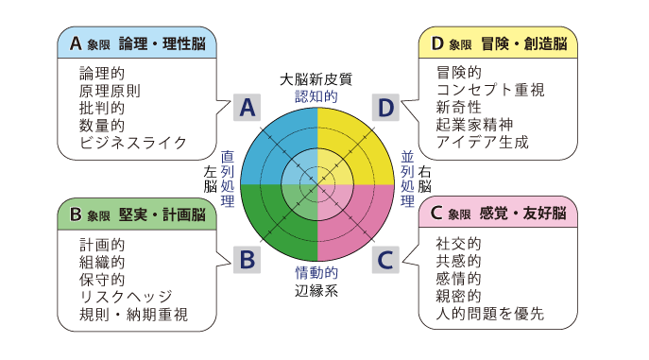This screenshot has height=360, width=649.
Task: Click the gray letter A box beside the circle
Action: (248, 108)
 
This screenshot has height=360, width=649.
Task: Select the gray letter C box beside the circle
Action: (385, 257)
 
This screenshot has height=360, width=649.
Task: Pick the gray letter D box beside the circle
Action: (385, 108)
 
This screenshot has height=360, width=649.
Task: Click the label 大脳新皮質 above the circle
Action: (316, 79)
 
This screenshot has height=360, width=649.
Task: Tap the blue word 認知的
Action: (316, 95)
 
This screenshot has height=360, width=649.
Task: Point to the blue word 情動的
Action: (316, 274)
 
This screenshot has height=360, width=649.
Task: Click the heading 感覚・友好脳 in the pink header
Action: (516, 214)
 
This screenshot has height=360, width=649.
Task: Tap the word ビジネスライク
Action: (133, 144)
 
